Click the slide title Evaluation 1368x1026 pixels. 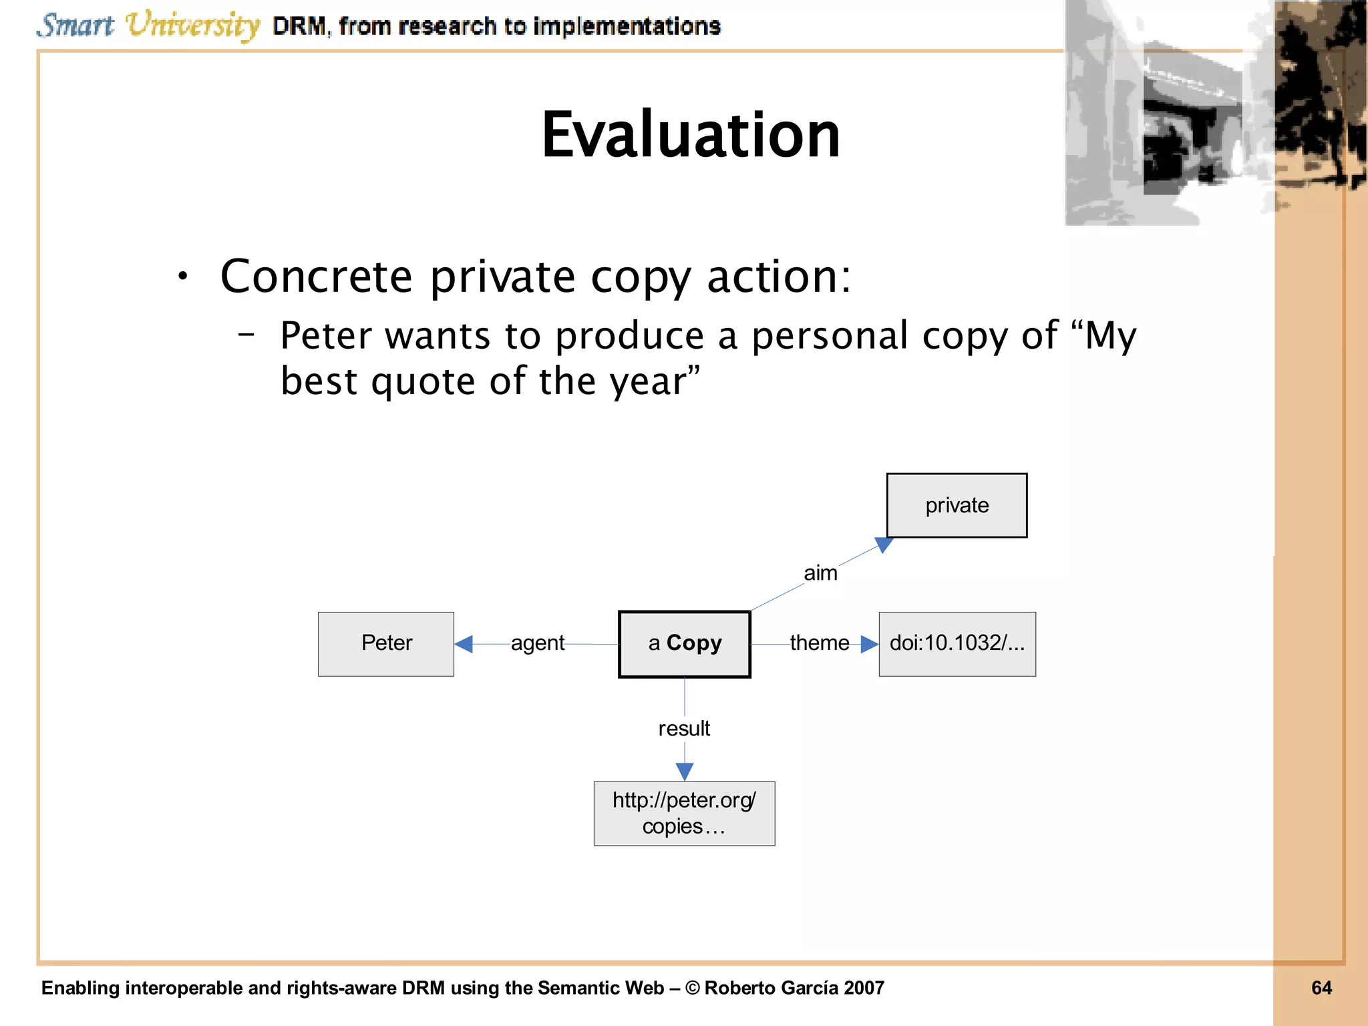pos(690,136)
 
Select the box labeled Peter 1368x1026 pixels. pos(386,644)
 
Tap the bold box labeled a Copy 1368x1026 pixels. pos(685,644)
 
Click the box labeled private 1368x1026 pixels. pos(957,506)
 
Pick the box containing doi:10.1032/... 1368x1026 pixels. pos(957,644)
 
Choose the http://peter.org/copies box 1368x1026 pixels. pos(684,814)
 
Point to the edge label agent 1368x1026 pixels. pos(537,643)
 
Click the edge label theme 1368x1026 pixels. pos(820,643)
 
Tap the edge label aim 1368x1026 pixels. pos(820,573)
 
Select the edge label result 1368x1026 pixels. pos(684,729)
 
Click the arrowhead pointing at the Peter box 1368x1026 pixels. pos(464,644)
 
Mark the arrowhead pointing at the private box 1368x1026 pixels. pos(883,545)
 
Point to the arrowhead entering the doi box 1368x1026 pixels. pos(869,644)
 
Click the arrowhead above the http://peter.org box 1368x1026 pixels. pos(685,772)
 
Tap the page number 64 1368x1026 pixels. pos(1321,988)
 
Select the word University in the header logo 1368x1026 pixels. pos(192,26)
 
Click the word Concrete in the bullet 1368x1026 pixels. pos(317,277)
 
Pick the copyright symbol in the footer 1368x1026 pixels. pos(693,988)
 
